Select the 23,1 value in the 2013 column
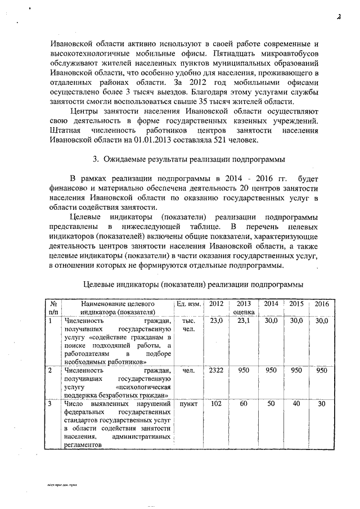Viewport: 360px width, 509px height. tap(244, 321)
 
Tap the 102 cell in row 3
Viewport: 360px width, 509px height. tap(216, 404)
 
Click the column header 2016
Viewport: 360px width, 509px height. tap(321, 304)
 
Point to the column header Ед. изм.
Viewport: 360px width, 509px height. tap(188, 304)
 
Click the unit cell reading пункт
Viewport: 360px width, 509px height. tap(188, 404)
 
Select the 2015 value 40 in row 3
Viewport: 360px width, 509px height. tap(296, 404)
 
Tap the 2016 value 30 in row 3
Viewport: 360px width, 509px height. tap(321, 404)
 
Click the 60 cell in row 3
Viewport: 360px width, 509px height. tap(244, 404)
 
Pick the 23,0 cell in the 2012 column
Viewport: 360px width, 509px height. tap(216, 321)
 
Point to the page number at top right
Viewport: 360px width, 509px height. tap(339, 17)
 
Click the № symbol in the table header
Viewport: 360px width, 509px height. tap(53, 304)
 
